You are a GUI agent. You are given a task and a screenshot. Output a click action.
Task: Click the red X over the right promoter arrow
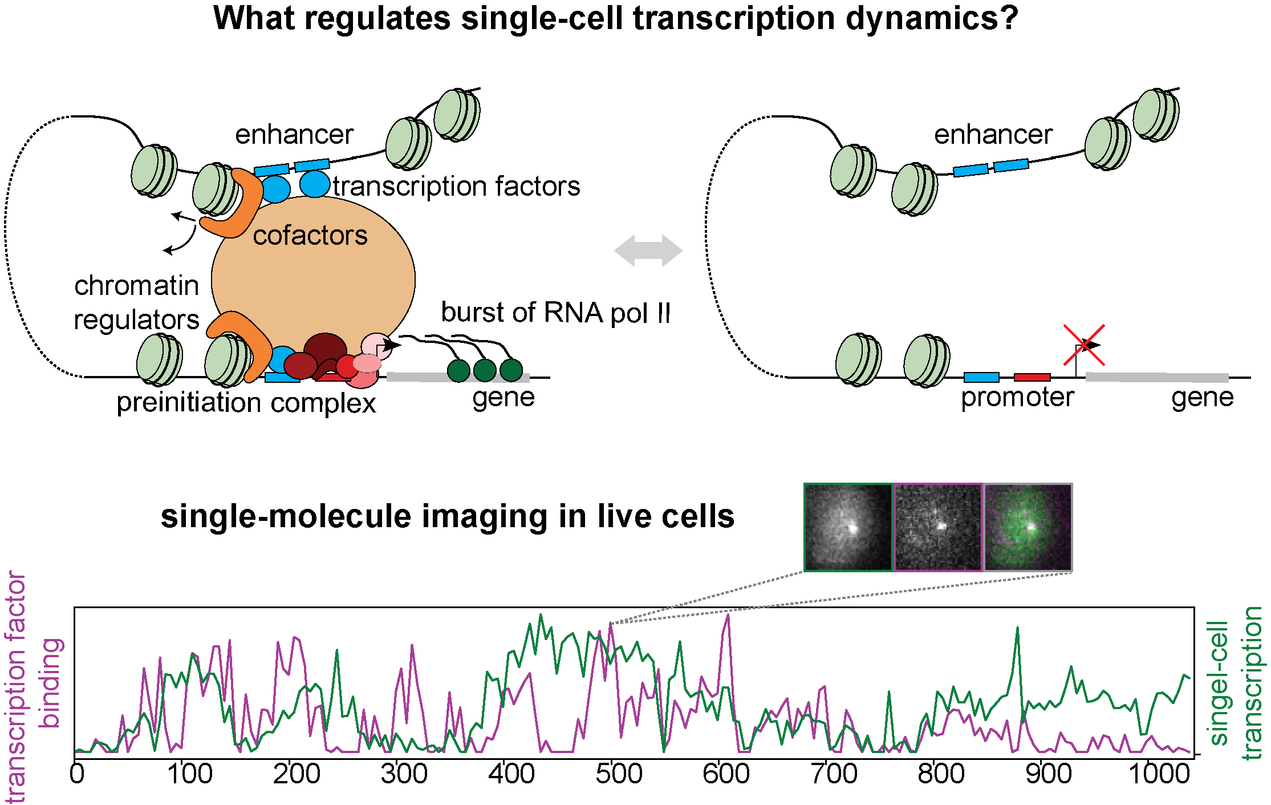coord(1084,345)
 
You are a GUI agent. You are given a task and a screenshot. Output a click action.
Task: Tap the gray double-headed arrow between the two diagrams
coord(648,250)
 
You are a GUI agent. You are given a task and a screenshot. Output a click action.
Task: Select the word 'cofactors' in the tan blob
coord(310,236)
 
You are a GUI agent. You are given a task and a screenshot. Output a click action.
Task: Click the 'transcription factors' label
coord(457,187)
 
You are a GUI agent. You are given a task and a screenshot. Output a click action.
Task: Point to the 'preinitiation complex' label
coord(246,403)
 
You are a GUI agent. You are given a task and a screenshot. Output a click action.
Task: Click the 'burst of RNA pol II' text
coord(556,313)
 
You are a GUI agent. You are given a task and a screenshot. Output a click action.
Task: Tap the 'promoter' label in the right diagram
coord(1017,398)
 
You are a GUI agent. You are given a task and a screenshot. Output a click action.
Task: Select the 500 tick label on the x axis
coord(619,774)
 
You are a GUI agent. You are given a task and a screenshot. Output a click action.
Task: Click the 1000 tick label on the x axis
coord(1159,774)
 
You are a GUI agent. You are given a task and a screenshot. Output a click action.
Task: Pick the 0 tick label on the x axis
coord(77,774)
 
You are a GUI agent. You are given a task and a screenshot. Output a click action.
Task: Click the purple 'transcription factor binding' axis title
coord(33,687)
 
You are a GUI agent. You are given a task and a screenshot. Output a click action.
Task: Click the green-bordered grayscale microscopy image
coord(848,527)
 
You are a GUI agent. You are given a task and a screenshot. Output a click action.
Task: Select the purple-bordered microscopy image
coord(938,527)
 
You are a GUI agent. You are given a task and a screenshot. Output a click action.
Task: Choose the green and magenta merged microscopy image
coord(1028,527)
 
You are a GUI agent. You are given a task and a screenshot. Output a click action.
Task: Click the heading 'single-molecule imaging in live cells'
coord(448,517)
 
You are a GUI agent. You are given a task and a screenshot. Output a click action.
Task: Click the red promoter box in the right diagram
coord(1032,377)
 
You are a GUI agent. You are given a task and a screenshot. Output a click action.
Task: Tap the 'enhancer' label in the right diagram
coord(993,135)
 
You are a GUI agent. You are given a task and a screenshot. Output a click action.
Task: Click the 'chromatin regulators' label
coord(137,302)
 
